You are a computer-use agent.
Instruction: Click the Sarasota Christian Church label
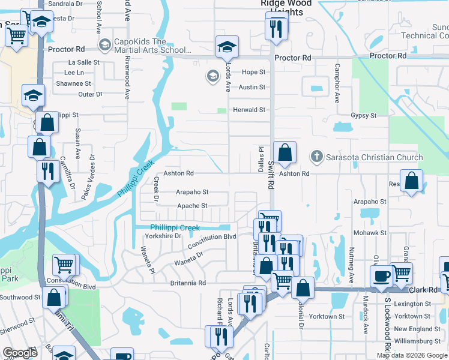click(x=375, y=157)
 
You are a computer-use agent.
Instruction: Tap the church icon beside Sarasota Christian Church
click(x=316, y=157)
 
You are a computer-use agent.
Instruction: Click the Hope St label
click(x=253, y=72)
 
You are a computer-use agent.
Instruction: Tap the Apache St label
click(x=192, y=206)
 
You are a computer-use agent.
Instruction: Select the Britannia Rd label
click(x=187, y=283)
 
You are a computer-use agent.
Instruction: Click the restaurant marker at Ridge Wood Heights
click(x=276, y=29)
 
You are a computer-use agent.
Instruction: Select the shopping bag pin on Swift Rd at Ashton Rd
click(x=285, y=153)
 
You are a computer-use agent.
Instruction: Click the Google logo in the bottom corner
click(x=20, y=353)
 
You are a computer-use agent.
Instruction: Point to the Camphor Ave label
click(x=337, y=82)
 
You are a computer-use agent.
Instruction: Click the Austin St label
click(x=252, y=87)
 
